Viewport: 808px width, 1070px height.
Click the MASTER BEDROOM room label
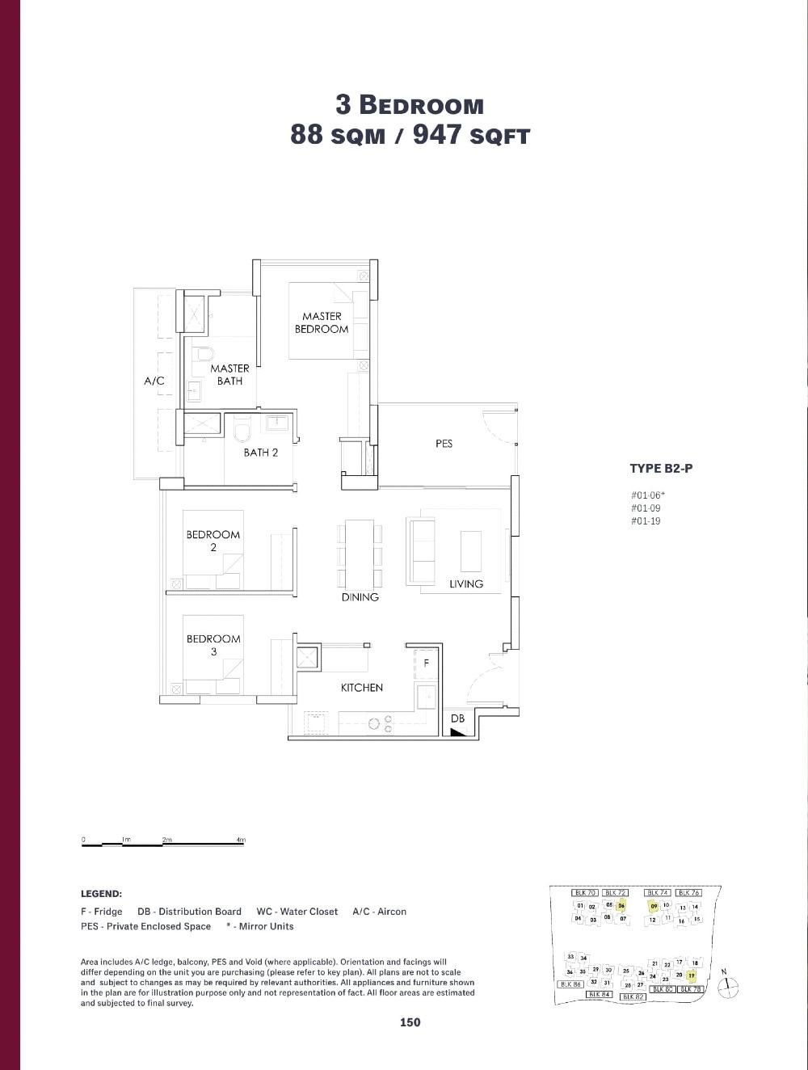pos(321,322)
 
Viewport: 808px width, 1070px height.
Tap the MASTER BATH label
pos(229,374)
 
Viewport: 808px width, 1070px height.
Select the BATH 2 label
pos(260,453)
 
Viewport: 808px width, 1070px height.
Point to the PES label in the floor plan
pos(444,444)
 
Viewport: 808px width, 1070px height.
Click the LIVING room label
pos(466,583)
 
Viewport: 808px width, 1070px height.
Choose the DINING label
pos(360,597)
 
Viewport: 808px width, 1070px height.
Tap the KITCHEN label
pos(361,688)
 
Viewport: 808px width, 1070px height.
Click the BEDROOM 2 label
pos(213,540)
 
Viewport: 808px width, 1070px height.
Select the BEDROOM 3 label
pos(213,645)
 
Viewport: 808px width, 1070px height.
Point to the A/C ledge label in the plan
pos(154,381)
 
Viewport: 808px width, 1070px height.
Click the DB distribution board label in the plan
pos(457,718)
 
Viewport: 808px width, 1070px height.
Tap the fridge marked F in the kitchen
pos(426,663)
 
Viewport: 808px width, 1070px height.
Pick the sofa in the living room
pos(420,550)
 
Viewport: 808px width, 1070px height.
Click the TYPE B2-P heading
pos(661,468)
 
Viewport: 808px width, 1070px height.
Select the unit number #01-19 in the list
pos(646,521)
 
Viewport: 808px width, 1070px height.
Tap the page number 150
pos(410,1022)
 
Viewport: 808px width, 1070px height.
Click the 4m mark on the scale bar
pos(241,840)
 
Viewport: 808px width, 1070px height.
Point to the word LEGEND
pos(101,894)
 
